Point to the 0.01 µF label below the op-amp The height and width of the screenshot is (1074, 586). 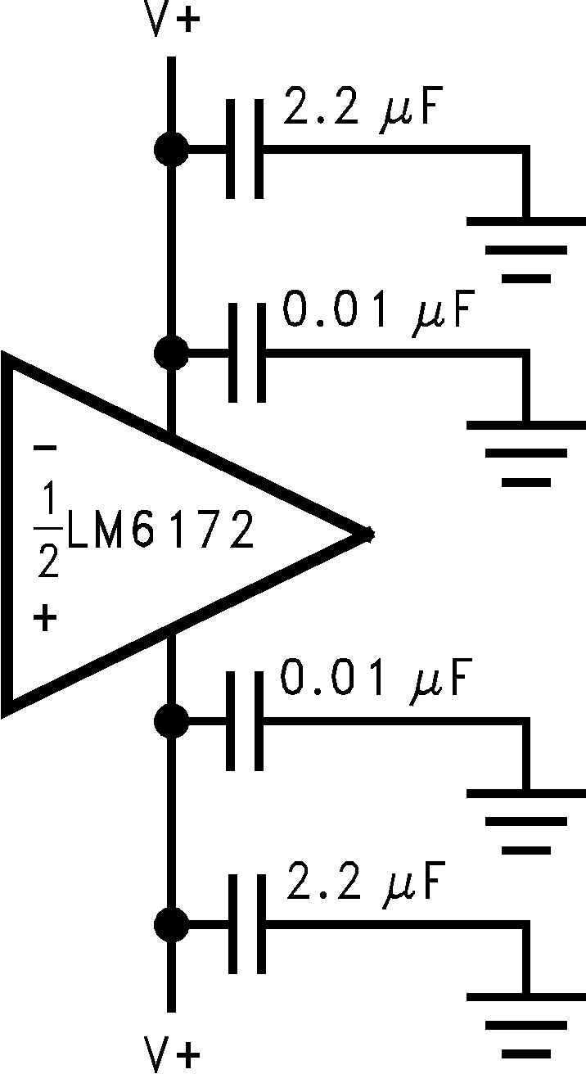[x=378, y=680]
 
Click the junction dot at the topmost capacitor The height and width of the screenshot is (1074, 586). [x=171, y=150]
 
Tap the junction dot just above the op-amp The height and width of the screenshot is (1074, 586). [x=171, y=354]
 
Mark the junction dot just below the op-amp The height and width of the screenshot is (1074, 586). [x=171, y=721]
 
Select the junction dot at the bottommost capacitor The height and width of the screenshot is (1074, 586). [x=171, y=925]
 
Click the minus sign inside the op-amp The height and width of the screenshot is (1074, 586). [x=46, y=448]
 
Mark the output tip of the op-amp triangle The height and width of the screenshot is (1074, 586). [x=369, y=535]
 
